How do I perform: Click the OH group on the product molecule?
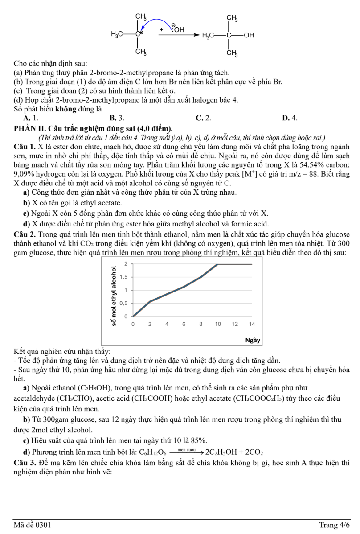249,34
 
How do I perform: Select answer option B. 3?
117,118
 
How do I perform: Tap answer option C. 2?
203,118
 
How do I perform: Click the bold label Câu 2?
25,234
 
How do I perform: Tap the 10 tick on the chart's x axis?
218,324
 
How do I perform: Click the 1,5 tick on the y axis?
123,277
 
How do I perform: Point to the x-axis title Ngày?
253,340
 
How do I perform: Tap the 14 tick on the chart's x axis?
252,324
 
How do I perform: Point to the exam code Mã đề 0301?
33,525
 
